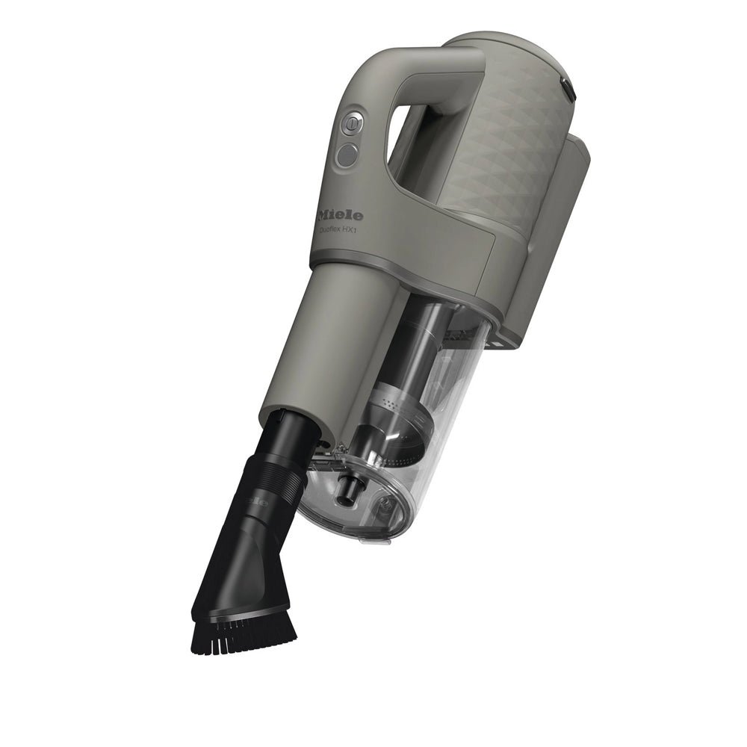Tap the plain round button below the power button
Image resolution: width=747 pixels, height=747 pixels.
click(x=346, y=155)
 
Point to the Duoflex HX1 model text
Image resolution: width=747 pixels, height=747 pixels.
click(x=338, y=232)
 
